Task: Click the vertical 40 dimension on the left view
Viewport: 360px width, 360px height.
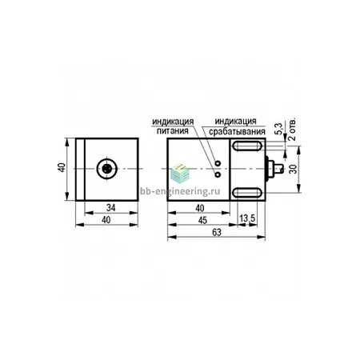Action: [x=62, y=167]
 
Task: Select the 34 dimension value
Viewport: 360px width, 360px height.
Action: [x=110, y=208]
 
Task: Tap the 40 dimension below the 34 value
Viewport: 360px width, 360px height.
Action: [x=106, y=220]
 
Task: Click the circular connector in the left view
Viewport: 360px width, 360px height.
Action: [x=107, y=169]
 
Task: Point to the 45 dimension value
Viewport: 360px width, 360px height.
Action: [x=202, y=220]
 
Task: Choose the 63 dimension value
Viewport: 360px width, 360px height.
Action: [x=217, y=233]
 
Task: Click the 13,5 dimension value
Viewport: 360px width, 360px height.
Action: [x=247, y=218]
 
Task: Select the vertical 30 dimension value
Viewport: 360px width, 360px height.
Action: [x=293, y=169]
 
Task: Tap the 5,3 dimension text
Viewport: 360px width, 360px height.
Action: [x=278, y=129]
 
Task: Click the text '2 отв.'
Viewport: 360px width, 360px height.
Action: [x=292, y=130]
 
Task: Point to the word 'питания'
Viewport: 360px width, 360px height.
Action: [x=173, y=131]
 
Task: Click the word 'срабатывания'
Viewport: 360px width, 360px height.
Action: [x=237, y=131]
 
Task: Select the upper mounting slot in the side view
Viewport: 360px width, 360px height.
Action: [x=247, y=146]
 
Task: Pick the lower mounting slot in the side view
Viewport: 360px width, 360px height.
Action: [x=247, y=193]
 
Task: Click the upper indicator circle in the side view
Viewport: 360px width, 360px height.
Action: [x=218, y=162]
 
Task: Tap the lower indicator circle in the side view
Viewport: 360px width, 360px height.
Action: [x=218, y=174]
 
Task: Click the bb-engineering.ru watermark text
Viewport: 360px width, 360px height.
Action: [x=180, y=191]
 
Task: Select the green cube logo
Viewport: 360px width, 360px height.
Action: [x=180, y=174]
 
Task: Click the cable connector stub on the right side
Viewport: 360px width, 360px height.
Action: [x=274, y=169]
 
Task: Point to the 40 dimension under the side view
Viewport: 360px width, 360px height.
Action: [x=200, y=208]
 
